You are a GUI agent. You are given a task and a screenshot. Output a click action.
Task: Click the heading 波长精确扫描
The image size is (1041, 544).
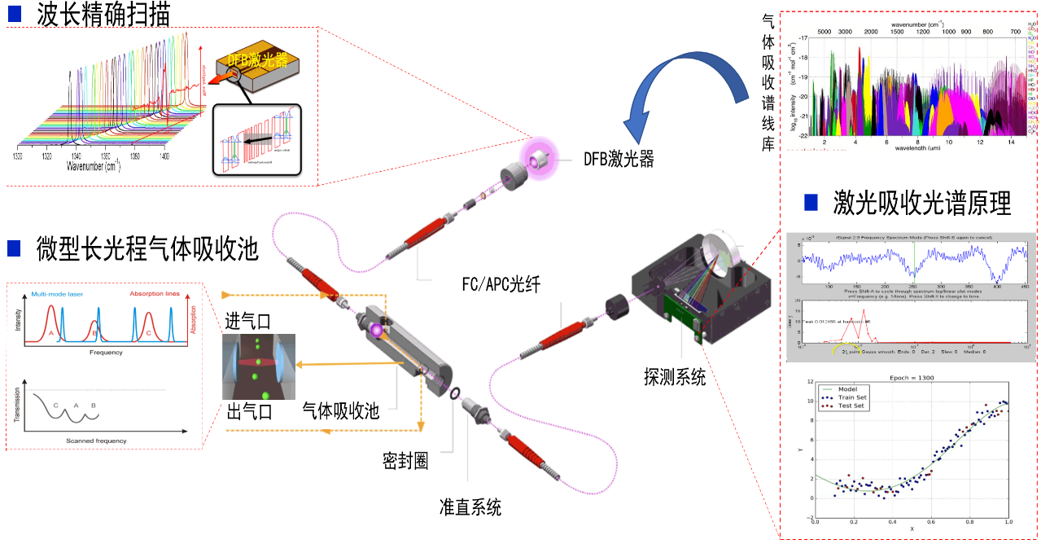[103, 15]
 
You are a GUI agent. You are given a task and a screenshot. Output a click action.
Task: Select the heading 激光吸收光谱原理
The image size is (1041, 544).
[921, 202]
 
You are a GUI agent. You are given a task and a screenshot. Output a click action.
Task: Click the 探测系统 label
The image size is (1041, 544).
[675, 376]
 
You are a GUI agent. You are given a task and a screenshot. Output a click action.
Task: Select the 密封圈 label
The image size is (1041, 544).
[405, 460]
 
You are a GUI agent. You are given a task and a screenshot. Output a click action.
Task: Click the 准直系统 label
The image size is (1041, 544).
[470, 507]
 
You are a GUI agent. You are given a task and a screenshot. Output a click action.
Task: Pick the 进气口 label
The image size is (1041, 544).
[248, 319]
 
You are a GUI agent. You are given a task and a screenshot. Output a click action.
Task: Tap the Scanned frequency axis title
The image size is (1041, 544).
[96, 441]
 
